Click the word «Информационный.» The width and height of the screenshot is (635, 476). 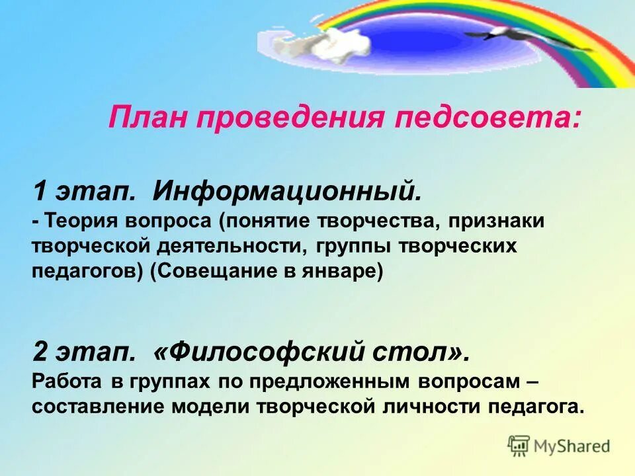click(287, 192)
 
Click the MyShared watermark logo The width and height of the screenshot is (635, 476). click(559, 446)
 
